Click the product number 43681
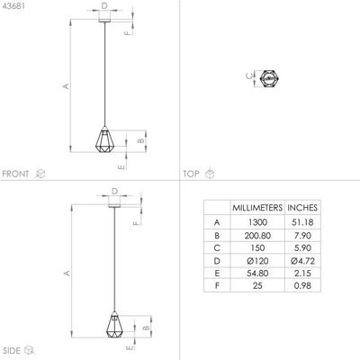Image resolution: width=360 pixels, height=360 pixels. [13, 8]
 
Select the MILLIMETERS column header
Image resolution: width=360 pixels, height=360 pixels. [256, 206]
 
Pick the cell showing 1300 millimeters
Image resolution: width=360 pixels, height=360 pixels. [256, 221]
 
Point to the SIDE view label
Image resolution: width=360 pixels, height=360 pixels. [12, 349]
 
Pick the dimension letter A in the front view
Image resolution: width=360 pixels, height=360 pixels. [65, 86]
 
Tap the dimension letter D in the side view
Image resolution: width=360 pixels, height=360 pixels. [113, 191]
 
